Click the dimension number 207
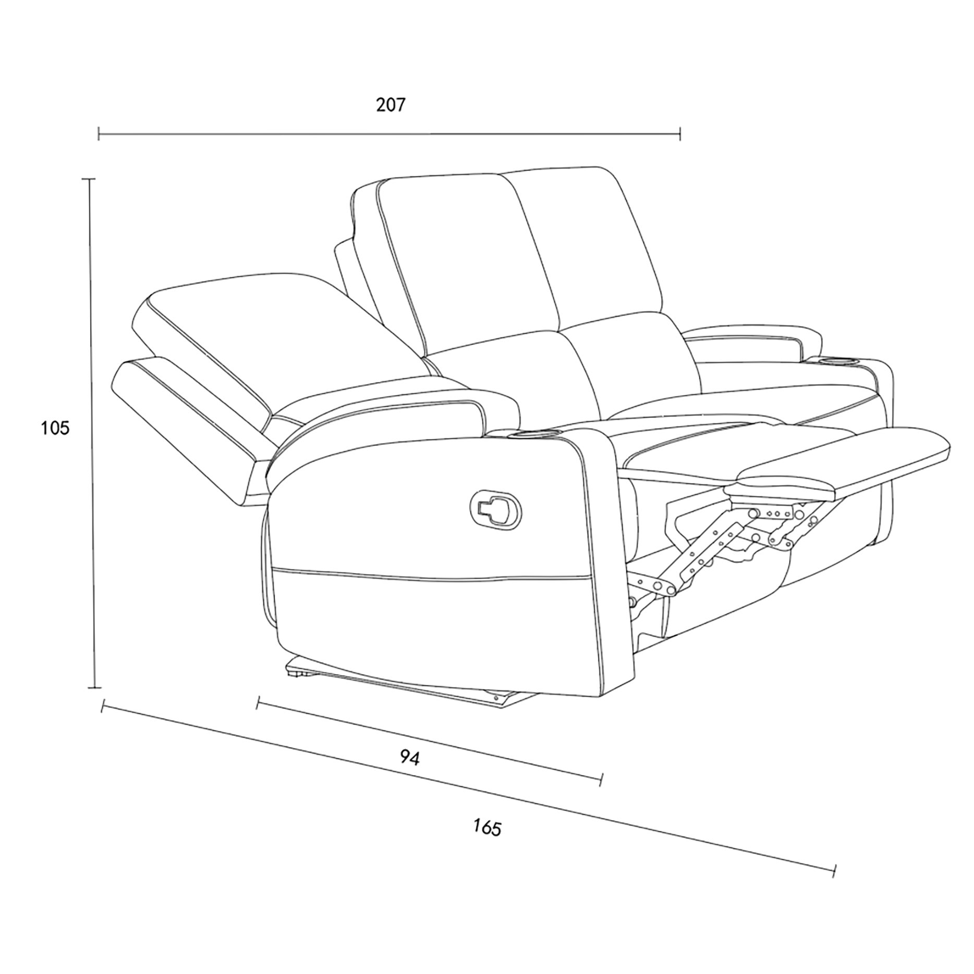391,105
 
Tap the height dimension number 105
55,428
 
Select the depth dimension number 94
410,758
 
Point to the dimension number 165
487,827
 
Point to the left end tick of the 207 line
99,133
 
